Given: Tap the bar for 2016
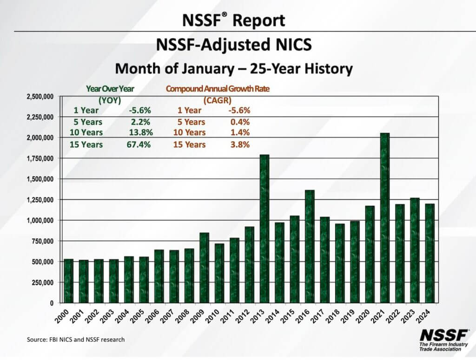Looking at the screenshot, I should tap(309, 246).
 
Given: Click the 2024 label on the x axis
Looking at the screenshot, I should tap(429, 316).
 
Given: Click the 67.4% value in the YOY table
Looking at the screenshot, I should tap(139, 144).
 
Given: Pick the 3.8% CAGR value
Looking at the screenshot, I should tap(239, 144).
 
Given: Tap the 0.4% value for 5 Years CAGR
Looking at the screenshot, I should tap(239, 122).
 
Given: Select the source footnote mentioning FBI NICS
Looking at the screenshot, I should tap(76, 340).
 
